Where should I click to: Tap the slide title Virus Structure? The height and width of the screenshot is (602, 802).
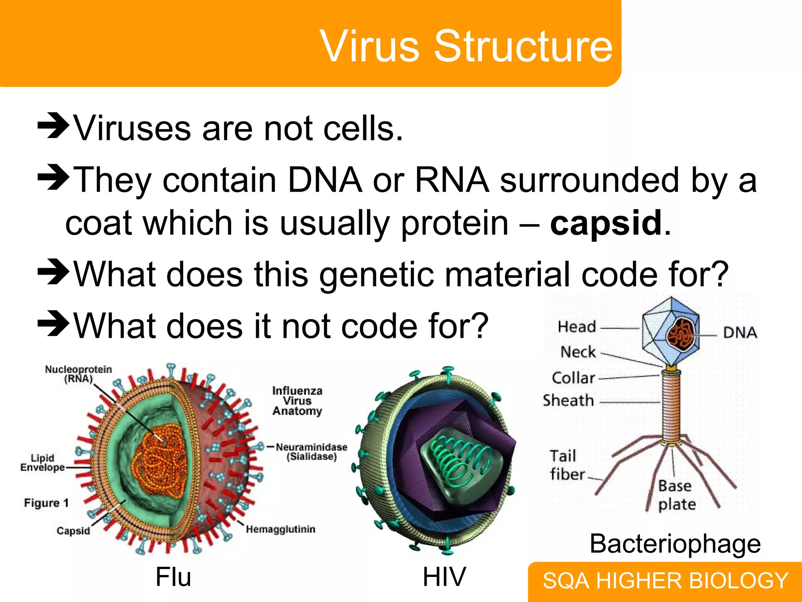point(466,46)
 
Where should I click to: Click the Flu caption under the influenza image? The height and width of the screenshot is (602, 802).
point(173,577)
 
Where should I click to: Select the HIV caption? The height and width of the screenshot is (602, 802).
point(444,577)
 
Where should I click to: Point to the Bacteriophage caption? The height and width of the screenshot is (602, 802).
point(675,544)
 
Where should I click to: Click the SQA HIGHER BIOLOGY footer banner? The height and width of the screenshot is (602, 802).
point(665,581)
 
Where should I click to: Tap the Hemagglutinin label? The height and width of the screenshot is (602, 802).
point(280,529)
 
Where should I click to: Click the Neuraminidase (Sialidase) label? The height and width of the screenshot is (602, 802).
point(311,452)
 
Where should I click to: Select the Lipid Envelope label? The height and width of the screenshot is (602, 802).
point(42,463)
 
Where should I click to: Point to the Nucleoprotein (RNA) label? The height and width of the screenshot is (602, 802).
point(78,374)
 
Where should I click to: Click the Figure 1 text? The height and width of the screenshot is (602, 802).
point(46,503)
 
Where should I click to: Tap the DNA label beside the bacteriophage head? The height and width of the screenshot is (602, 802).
point(740,333)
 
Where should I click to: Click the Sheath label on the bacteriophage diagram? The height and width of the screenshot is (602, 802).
point(568,401)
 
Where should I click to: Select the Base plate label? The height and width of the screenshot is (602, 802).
point(676,495)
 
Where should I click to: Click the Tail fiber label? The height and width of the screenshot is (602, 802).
point(566,465)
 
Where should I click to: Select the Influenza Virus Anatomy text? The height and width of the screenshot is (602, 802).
point(297,401)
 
